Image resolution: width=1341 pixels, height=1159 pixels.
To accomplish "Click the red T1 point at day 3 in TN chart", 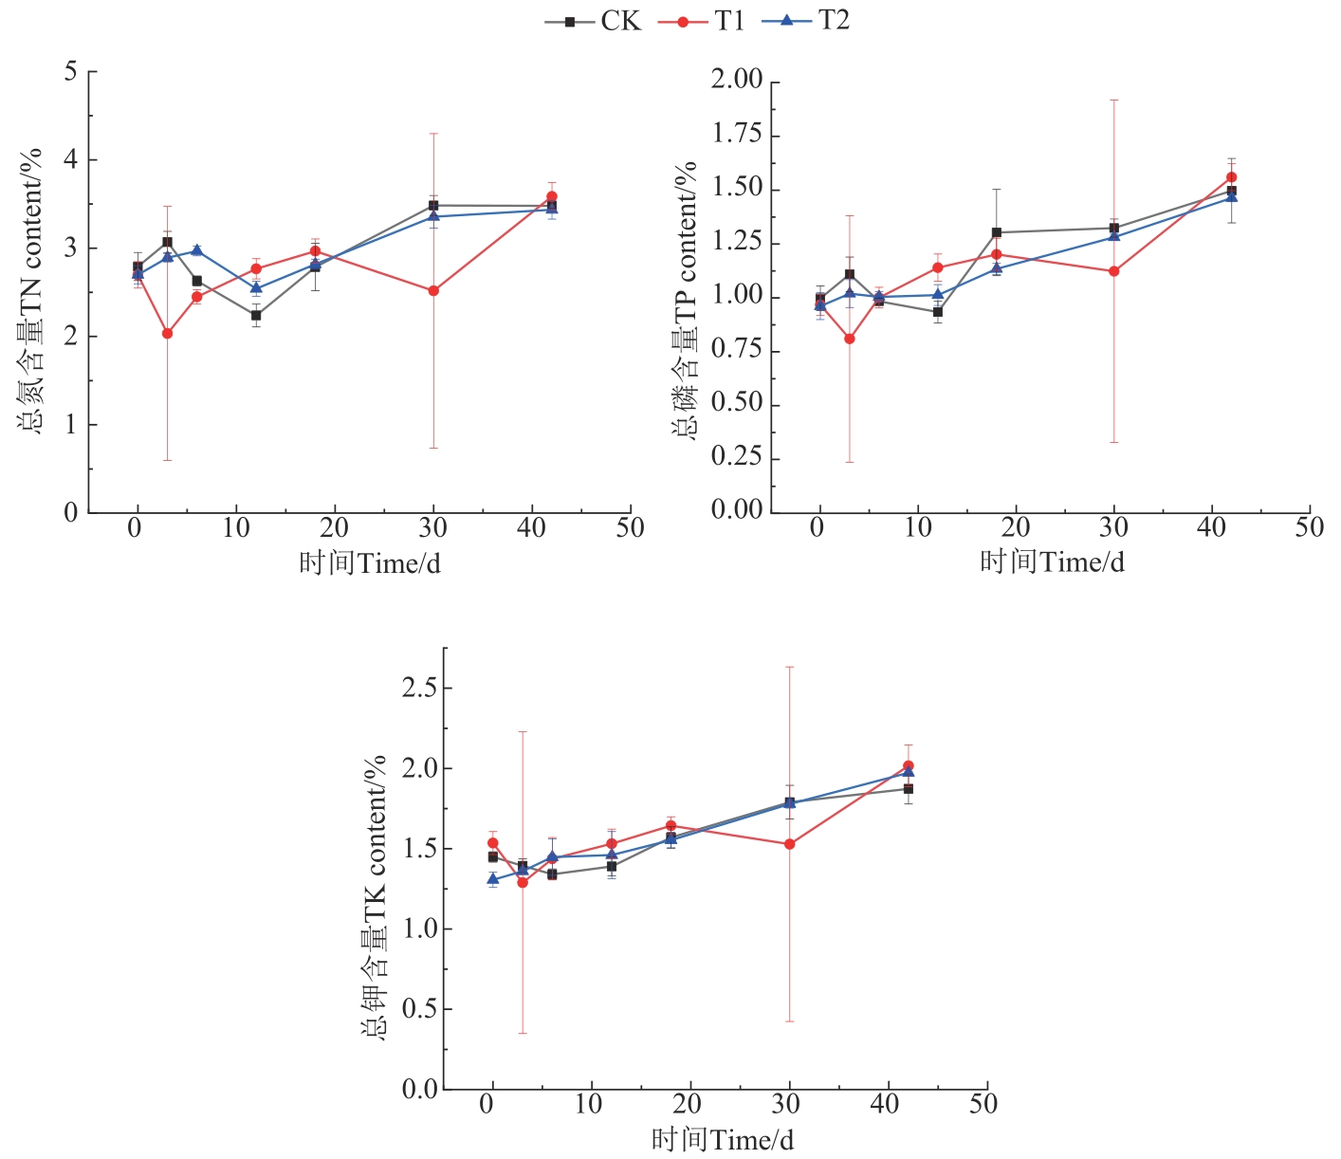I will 167,333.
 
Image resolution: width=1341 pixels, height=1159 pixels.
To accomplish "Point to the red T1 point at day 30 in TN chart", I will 433,290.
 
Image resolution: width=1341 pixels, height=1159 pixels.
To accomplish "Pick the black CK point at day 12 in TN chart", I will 256,315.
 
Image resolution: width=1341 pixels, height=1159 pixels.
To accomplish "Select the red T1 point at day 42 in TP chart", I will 1231,176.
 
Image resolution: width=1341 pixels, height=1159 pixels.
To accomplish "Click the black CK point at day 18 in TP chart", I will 996,232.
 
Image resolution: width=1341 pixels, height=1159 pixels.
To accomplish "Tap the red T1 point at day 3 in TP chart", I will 849,339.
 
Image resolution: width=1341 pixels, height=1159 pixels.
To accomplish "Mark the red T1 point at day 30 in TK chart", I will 789,844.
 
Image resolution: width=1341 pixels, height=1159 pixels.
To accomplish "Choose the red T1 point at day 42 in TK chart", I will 908,765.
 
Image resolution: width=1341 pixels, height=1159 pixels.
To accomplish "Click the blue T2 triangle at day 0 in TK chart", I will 492,879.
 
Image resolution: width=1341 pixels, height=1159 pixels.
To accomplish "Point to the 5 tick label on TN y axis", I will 70,72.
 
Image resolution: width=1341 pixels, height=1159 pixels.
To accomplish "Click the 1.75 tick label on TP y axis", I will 737,134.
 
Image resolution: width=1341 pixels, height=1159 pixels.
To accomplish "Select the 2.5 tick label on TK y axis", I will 418,688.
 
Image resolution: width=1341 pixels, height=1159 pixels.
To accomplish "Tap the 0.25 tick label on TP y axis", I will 737,457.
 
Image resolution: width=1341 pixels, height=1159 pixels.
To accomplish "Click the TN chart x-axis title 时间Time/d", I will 370,563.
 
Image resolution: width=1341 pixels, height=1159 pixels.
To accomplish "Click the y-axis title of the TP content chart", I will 685,299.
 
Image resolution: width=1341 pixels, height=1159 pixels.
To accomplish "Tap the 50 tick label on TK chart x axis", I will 983,1104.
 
